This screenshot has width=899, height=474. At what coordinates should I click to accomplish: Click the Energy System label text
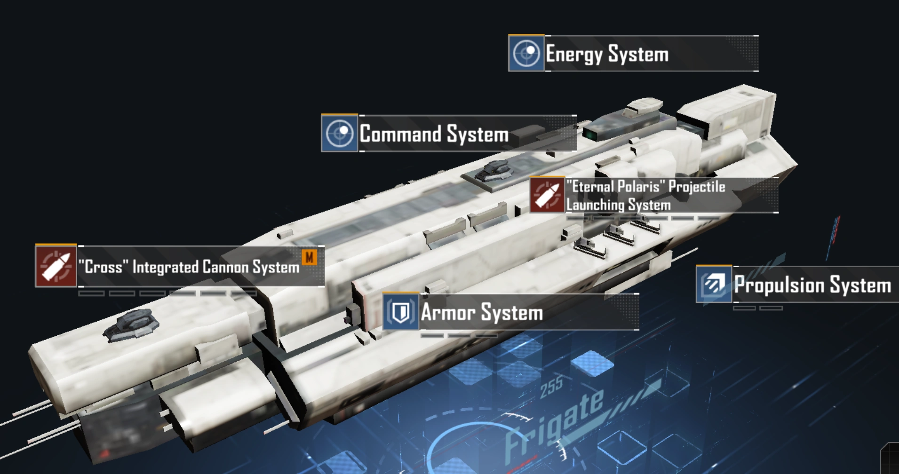click(x=607, y=54)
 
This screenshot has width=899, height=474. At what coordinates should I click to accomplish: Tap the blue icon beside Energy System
click(x=526, y=53)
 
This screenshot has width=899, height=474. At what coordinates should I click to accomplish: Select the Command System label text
click(x=434, y=134)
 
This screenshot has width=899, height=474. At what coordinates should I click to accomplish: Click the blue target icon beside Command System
click(x=339, y=134)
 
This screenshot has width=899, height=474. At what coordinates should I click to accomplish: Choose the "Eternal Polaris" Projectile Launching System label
click(x=645, y=196)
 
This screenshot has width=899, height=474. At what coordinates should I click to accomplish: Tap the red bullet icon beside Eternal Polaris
click(x=547, y=195)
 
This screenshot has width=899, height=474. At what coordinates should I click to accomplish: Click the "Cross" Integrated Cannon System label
click(x=189, y=267)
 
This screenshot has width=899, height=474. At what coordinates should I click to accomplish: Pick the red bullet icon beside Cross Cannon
click(x=56, y=266)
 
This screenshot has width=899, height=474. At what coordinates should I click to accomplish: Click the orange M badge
click(x=309, y=257)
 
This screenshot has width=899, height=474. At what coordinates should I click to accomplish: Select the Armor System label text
click(x=482, y=313)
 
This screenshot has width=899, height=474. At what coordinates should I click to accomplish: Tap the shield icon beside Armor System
click(x=400, y=312)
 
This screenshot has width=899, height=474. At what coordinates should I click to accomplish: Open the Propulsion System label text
click(x=812, y=285)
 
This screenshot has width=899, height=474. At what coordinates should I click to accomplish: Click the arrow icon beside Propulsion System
click(x=714, y=284)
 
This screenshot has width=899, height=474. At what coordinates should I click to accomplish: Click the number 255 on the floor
click(x=551, y=387)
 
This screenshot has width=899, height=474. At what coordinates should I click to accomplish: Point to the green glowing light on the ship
click(x=590, y=134)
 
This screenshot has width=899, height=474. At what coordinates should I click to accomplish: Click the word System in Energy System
click(x=638, y=54)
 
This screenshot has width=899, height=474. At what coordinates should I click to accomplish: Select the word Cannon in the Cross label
click(x=226, y=267)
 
